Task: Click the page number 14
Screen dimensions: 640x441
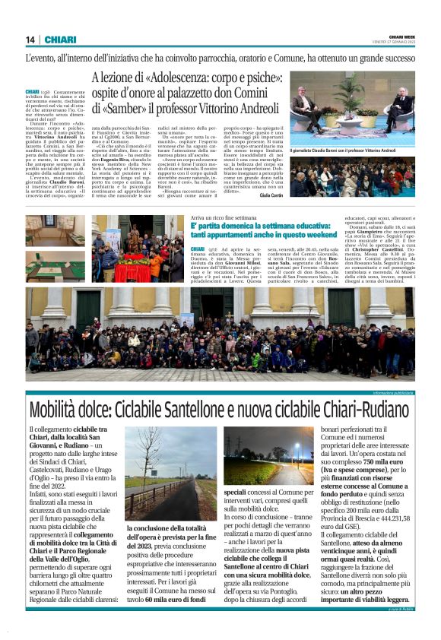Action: point(30,40)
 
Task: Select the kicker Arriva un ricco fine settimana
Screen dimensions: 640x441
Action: point(225,217)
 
